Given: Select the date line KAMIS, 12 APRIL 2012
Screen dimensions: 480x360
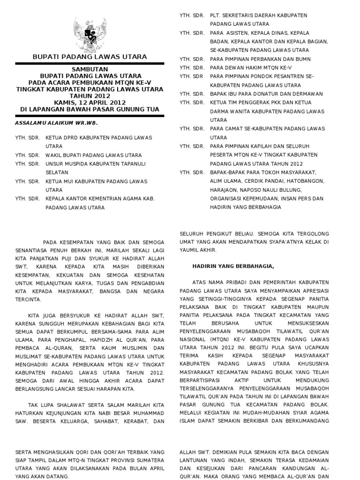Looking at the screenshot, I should (89, 102).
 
